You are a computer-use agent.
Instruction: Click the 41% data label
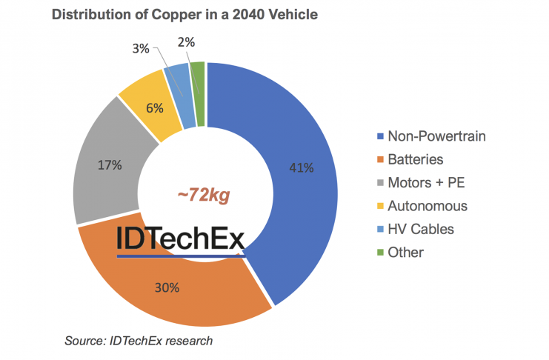pos(302,168)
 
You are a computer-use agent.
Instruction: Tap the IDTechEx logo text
pos(179,239)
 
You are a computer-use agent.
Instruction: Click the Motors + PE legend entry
pos(419,182)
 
